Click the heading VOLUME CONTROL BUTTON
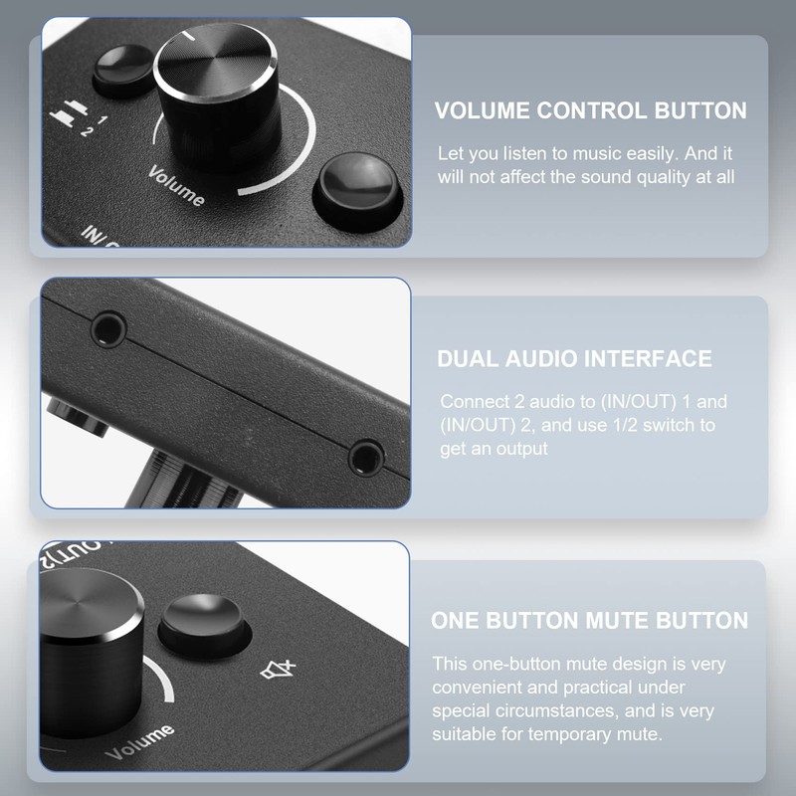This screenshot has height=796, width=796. click(590, 110)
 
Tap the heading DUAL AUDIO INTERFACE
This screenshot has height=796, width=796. click(574, 359)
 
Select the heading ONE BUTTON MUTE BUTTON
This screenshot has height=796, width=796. click(589, 621)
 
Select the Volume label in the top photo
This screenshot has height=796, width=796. click(177, 186)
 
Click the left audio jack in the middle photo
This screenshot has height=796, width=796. click(106, 327)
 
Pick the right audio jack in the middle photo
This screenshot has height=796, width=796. click(366, 457)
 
